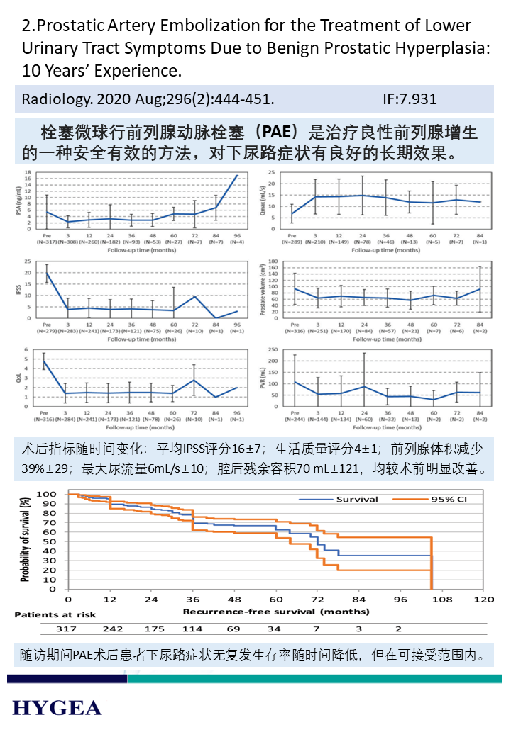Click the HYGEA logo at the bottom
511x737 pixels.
tap(57, 707)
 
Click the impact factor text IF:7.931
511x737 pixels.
tap(410, 99)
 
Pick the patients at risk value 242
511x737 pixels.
tap(112, 629)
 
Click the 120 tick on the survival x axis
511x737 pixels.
tap(483, 599)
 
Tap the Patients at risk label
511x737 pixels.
tap(55, 614)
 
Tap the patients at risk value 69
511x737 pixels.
tap(233, 629)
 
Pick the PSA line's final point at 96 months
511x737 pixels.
tap(236, 175)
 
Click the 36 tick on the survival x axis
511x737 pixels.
tap(192, 599)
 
